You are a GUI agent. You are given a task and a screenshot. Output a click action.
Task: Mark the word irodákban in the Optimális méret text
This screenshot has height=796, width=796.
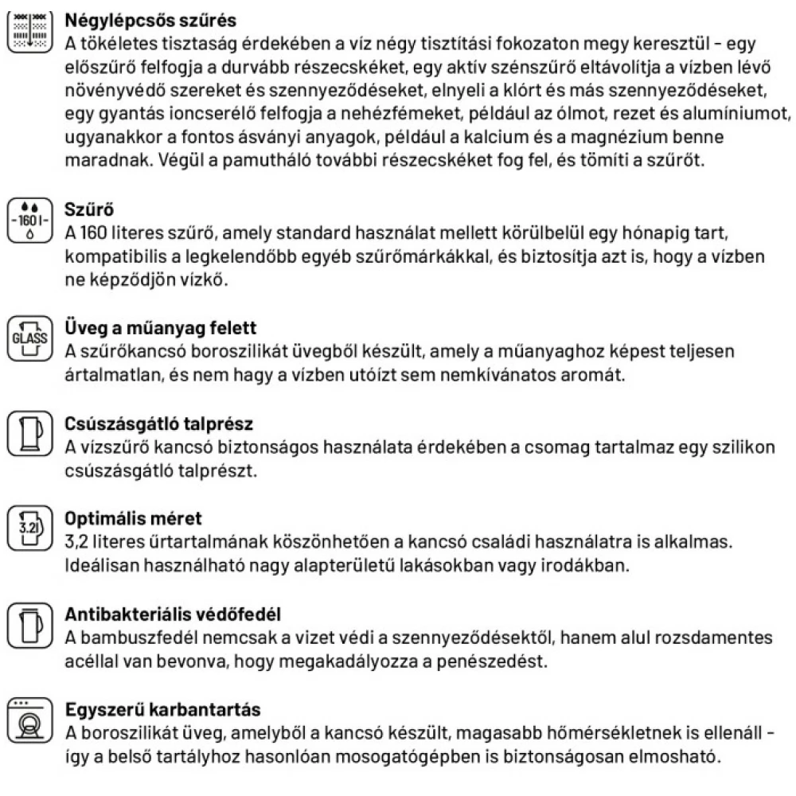(578, 566)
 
